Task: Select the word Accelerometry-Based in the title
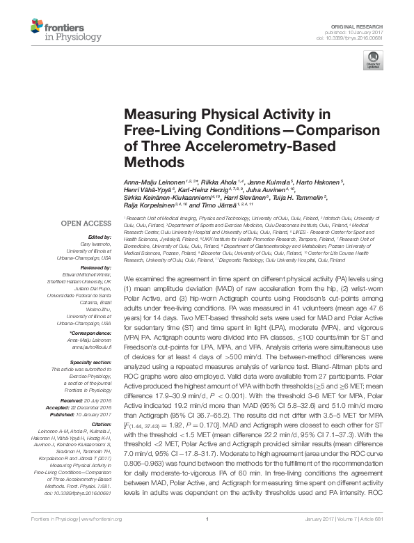[x=232, y=146]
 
